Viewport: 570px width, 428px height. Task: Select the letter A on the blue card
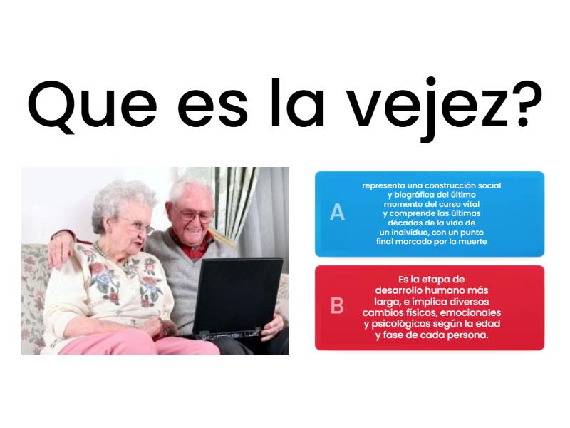337,213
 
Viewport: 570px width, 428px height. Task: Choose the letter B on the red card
337,306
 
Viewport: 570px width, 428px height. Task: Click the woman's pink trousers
135,345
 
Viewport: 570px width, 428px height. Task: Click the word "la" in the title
296,103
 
